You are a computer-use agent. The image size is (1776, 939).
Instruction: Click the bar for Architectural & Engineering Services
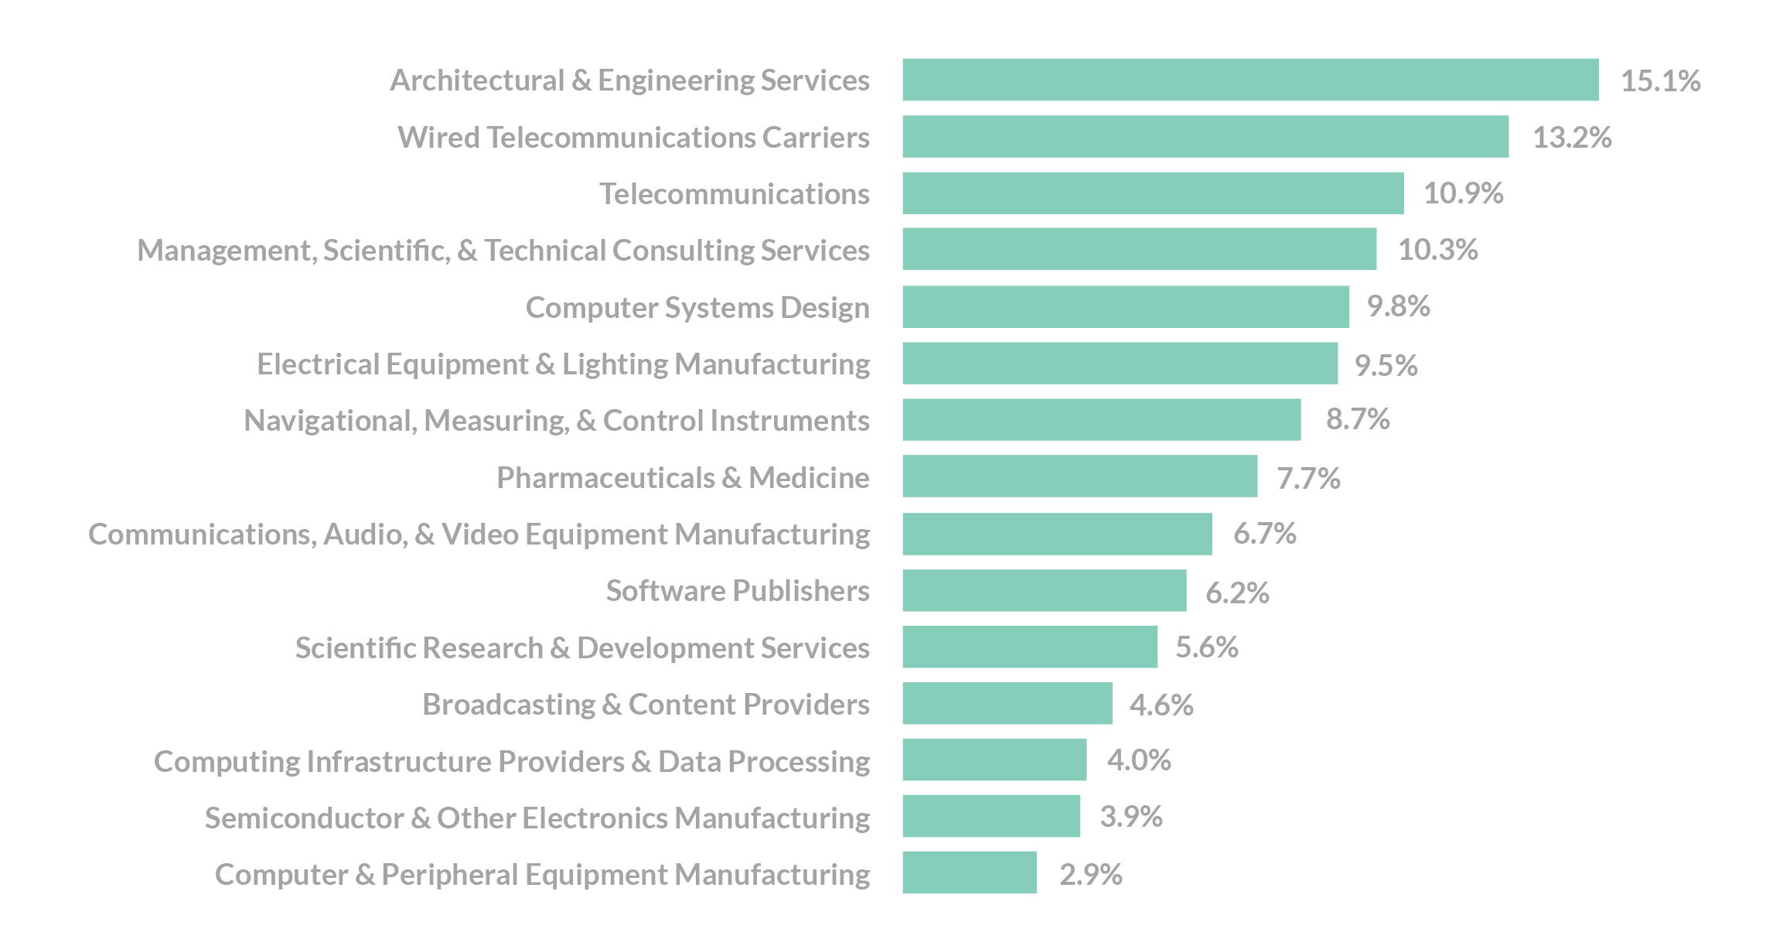tap(1249, 80)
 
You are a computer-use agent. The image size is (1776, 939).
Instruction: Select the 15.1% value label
tap(1660, 80)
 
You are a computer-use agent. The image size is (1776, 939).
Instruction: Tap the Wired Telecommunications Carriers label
tap(633, 137)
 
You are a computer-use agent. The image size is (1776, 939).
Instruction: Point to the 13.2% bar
tap(1205, 137)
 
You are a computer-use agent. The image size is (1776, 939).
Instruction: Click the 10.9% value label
tap(1463, 193)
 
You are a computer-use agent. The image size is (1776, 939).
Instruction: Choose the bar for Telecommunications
tap(1152, 193)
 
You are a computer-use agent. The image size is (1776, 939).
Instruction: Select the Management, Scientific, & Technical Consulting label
tap(503, 250)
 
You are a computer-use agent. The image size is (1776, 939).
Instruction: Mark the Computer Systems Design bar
tap(1125, 307)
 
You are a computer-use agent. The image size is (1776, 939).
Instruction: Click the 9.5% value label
tap(1386, 365)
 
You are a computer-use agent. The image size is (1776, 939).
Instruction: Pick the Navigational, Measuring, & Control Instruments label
tap(556, 420)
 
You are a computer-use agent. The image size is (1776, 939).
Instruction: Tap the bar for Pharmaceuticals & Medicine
tap(1079, 476)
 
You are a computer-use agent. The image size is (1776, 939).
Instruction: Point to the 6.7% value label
tap(1264, 534)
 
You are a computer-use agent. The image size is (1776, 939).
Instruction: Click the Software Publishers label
tap(738, 591)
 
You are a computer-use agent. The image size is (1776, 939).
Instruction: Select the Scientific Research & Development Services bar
tap(1029, 647)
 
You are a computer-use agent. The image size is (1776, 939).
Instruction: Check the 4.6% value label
tap(1161, 705)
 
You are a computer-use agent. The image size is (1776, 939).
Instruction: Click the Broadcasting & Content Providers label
tap(646, 704)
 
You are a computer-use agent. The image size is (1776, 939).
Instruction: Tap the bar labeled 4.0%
tap(994, 760)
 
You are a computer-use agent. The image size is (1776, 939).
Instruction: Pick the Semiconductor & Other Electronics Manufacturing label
tap(537, 818)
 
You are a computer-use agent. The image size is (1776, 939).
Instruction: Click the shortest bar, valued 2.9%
tap(969, 873)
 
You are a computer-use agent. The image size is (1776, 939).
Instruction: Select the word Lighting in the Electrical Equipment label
tap(615, 364)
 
